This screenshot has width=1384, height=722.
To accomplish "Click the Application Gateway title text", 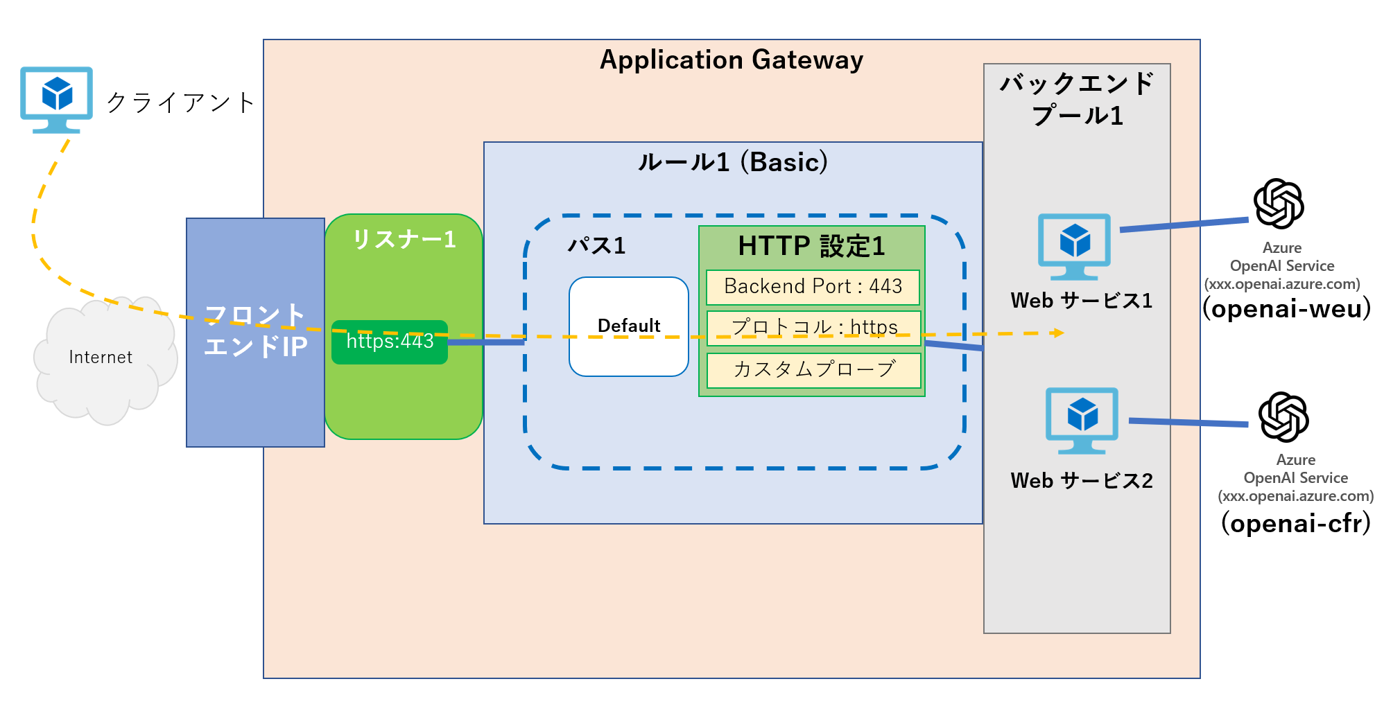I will pos(731,60).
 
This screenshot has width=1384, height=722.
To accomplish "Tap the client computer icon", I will pos(57,99).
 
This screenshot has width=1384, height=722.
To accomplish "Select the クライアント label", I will pos(180,103).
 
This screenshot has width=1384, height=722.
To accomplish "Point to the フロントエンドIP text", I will pos(255,331).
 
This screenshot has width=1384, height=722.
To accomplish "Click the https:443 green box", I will pos(389,342).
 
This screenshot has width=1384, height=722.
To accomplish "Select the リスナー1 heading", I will pos(404,239).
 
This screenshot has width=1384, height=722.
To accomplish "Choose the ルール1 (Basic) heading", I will pos(732,162).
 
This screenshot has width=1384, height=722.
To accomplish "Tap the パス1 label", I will pos(596,245).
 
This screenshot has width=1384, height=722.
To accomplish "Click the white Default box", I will pos(628,326).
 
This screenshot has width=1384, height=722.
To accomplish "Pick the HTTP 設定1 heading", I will pos(811,246).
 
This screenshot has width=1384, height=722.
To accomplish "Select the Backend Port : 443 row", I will pos(813,287).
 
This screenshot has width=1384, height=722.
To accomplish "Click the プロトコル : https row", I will pos(813,327).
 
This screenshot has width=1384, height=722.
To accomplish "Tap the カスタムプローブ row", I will pos(813,369).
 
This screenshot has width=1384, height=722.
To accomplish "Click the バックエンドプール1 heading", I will pos(1077,99).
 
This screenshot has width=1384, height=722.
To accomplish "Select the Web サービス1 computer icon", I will pos(1074,245).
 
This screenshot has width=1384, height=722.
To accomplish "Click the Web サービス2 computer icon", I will pos(1082,420).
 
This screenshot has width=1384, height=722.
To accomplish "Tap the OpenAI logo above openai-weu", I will pos(1279,204).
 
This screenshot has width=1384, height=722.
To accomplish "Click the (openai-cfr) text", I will pos(1295,523).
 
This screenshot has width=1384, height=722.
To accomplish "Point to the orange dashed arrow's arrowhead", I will pos(1057,333).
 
